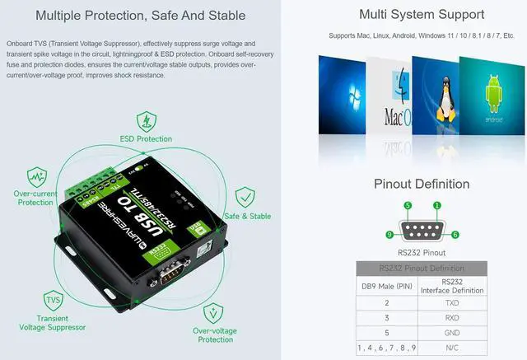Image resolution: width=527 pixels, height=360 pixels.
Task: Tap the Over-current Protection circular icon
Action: click(36, 175)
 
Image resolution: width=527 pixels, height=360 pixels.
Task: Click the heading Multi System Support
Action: click(422, 14)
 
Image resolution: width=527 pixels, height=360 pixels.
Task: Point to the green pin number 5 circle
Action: click(408, 205)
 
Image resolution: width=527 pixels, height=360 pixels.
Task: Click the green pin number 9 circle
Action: click(389, 235)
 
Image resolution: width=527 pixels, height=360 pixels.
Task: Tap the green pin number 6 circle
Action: click(455, 235)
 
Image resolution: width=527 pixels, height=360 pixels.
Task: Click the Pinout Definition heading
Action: click(422, 184)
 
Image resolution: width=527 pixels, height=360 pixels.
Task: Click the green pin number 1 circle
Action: click(437, 205)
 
